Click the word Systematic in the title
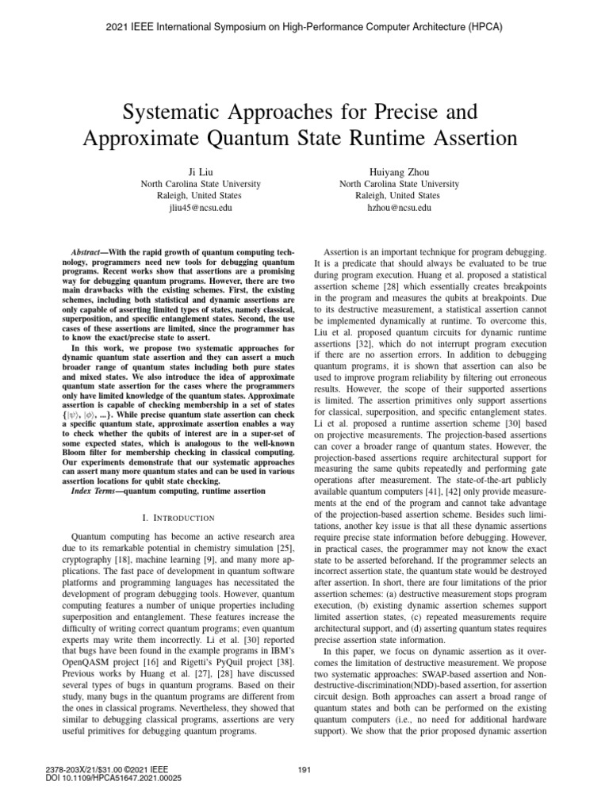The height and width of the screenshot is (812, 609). pyautogui.click(x=159, y=109)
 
